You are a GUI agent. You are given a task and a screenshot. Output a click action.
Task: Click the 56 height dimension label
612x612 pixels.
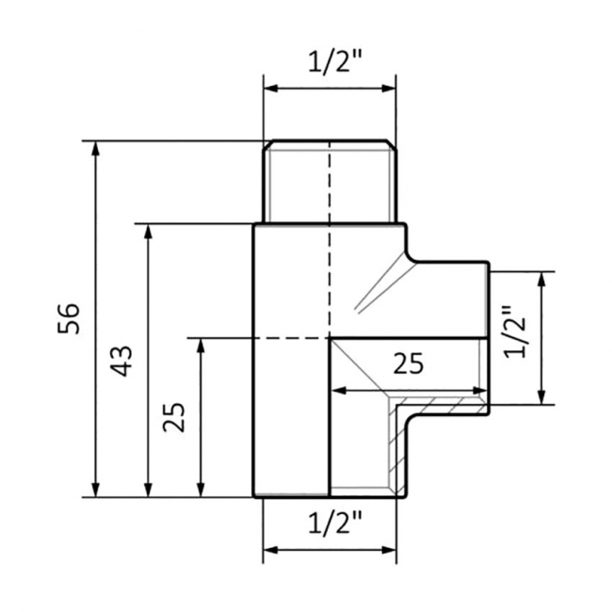(69, 318)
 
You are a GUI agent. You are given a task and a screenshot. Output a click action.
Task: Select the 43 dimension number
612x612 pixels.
(121, 361)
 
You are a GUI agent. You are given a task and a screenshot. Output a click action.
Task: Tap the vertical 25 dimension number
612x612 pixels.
(174, 417)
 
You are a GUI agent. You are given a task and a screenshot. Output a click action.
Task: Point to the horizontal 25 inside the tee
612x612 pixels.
(409, 363)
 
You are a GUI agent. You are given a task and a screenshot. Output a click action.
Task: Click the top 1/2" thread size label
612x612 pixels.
(336, 61)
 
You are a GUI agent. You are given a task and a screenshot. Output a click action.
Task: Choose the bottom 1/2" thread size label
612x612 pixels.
(336, 523)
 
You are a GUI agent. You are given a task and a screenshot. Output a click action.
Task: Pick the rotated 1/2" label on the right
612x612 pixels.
(515, 331)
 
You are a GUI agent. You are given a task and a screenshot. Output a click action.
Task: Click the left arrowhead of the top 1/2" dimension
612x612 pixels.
(271, 89)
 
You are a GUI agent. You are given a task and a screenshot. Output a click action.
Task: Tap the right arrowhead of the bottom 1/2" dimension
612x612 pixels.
(389, 551)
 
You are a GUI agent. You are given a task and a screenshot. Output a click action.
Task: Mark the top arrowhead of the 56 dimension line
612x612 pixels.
(96, 149)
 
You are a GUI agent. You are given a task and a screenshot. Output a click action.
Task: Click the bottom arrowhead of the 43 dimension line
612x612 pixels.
(148, 490)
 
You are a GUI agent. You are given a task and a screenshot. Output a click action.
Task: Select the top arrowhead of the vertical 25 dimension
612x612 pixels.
(201, 346)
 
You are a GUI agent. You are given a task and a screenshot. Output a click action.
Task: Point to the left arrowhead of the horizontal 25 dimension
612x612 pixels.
(339, 391)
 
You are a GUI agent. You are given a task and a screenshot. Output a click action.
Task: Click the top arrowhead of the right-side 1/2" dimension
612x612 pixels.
(541, 280)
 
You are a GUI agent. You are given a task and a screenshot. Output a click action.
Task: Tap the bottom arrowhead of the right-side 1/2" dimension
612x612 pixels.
(541, 396)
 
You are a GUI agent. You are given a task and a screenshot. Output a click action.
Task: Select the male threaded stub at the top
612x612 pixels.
(330, 182)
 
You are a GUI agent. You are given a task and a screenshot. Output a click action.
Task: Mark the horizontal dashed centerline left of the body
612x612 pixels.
(221, 338)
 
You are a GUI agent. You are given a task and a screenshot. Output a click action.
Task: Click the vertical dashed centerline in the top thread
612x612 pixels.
(330, 182)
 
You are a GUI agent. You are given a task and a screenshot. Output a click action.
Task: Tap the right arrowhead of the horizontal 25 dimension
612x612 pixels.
(479, 391)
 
